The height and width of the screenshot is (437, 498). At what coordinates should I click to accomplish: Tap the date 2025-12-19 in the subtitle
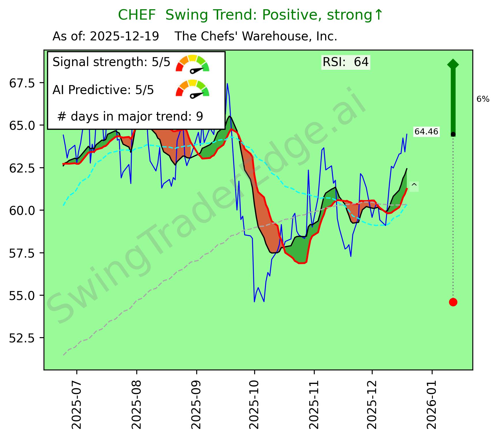click(124, 37)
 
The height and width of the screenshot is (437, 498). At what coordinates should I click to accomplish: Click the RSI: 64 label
click(346, 62)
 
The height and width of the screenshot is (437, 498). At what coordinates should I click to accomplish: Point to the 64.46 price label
click(426, 132)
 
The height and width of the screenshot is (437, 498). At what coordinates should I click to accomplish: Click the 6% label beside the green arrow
click(483, 99)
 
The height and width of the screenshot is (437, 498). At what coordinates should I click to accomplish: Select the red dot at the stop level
click(453, 302)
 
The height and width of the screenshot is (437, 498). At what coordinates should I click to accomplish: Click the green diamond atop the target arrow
click(453, 64)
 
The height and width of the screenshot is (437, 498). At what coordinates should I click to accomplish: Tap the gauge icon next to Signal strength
click(193, 63)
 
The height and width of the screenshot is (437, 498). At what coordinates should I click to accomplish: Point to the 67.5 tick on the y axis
click(22, 83)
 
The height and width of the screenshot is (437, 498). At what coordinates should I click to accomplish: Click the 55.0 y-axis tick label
click(22, 295)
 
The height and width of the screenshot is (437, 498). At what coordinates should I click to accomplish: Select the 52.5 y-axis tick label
click(22, 338)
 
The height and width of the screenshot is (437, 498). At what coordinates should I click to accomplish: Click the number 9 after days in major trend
click(200, 117)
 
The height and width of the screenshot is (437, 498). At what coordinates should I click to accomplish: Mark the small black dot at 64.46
click(453, 134)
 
